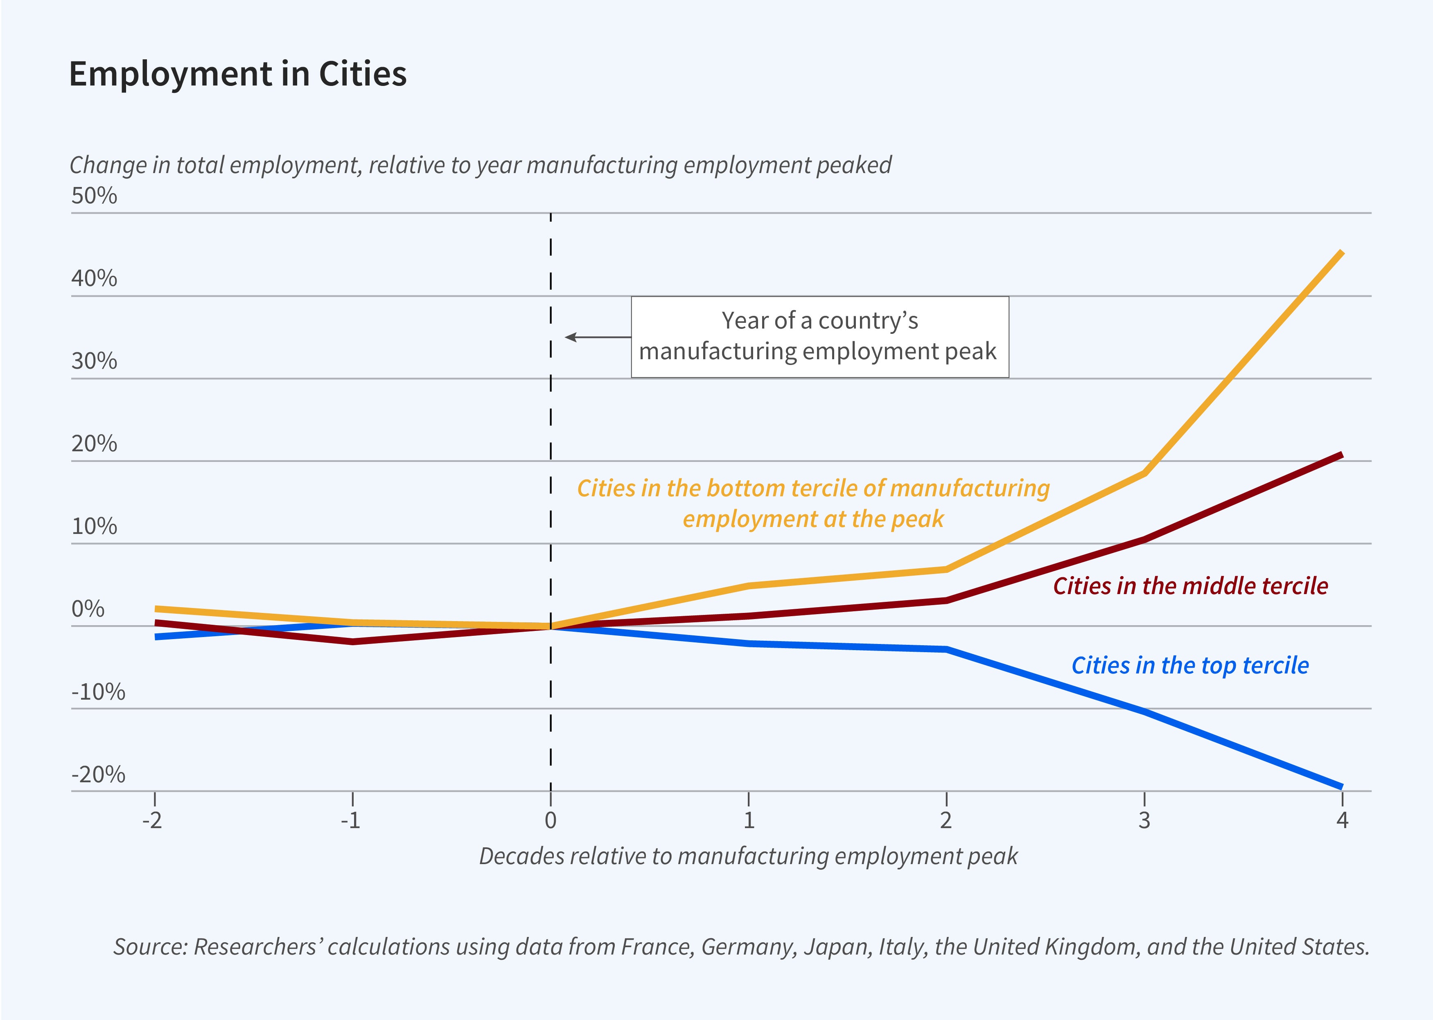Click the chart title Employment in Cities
(x=237, y=74)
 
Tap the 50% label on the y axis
(x=94, y=196)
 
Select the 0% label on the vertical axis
(x=88, y=609)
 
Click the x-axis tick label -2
(x=153, y=820)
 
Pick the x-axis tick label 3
(x=1144, y=820)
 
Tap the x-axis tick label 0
(x=551, y=820)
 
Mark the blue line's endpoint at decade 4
(x=1342, y=786)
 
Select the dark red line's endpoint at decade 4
(x=1342, y=454)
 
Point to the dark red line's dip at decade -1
(x=352, y=641)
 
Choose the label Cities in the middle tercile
(x=1190, y=586)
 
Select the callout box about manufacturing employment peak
(x=819, y=337)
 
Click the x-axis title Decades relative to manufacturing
(x=747, y=856)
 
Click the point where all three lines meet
(x=551, y=626)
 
